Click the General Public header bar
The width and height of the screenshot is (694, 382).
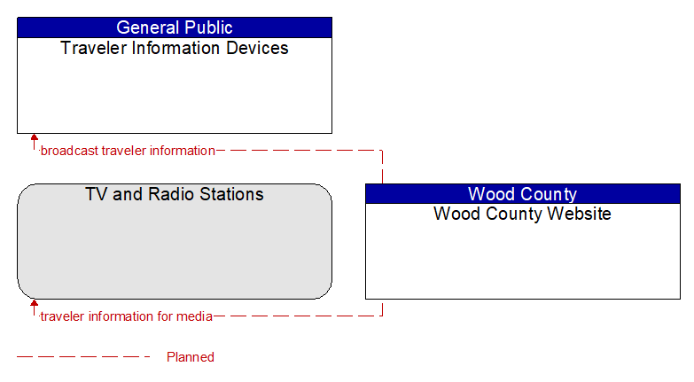pos(175,27)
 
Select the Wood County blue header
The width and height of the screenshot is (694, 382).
pos(523,194)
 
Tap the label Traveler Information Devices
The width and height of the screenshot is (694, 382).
pos(175,48)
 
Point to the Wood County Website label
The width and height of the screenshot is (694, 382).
pos(522,214)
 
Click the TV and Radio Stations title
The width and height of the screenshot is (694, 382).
pos(175,194)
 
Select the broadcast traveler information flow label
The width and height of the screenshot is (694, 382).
pos(128,151)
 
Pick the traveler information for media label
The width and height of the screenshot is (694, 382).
pos(127,316)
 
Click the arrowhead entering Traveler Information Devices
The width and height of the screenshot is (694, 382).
pos(34,136)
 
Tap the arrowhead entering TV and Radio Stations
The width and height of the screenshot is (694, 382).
pos(34,303)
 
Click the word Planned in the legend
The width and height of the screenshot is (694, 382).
pos(191,357)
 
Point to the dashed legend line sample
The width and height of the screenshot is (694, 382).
pos(83,356)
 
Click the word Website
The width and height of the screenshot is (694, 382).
pos(580,214)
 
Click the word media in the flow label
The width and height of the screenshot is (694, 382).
pos(194,316)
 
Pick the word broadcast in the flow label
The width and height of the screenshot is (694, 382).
pos(69,151)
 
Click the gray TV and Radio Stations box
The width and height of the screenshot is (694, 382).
pos(175,241)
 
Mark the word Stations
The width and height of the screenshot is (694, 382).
pos(231,194)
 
